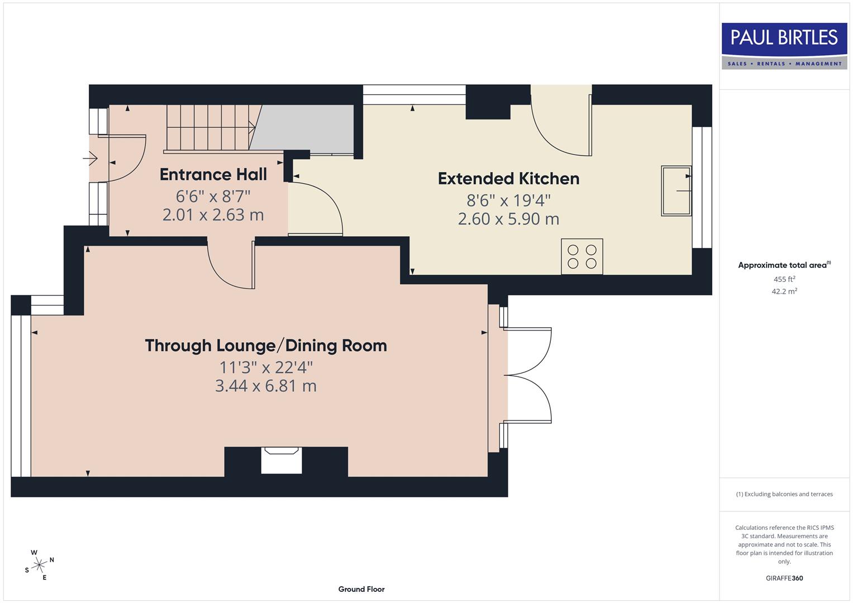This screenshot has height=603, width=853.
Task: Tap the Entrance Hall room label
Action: [213, 175]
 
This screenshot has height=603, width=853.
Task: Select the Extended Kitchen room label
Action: [508, 179]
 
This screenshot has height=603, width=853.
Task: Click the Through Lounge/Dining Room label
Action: [266, 346]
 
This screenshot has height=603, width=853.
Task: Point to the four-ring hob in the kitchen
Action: [582, 257]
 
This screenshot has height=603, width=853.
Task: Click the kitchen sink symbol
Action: [676, 190]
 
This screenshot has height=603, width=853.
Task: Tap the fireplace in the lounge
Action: [282, 461]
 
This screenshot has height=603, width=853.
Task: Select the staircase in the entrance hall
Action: [209, 128]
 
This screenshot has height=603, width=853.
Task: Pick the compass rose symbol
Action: [39, 565]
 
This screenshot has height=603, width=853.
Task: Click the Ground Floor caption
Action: [361, 589]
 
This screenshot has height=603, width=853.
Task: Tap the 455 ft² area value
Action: [784, 279]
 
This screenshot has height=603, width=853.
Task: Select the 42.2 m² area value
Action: [784, 291]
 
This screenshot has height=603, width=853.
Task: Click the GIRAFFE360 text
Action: [784, 578]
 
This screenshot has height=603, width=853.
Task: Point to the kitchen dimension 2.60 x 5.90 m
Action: [508, 219]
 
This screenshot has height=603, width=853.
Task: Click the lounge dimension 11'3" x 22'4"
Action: [266, 367]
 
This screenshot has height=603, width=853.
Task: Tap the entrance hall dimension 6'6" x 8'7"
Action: [213, 197]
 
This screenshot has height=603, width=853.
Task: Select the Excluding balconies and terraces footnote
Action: [784, 494]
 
